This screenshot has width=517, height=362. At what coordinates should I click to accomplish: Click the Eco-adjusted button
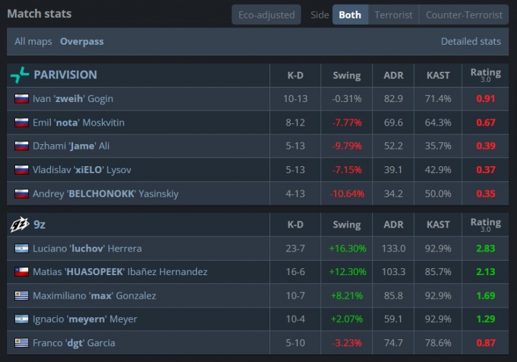pyautogui.click(x=266, y=15)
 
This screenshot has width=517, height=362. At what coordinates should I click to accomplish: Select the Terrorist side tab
pyautogui.click(x=394, y=15)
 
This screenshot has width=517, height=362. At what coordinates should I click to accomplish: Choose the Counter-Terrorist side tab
pyautogui.click(x=464, y=15)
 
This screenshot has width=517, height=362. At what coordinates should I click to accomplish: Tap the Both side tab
pyautogui.click(x=350, y=15)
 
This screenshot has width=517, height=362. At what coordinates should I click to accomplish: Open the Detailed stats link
pyautogui.click(x=471, y=41)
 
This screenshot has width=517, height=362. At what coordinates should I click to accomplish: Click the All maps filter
pyautogui.click(x=33, y=41)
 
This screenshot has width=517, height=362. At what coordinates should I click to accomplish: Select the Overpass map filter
pyautogui.click(x=82, y=41)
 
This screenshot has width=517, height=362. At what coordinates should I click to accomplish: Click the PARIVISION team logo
pyautogui.click(x=20, y=75)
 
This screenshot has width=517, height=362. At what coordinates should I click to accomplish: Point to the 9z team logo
pyautogui.click(x=20, y=225)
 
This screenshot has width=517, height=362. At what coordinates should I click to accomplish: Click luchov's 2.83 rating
pyautogui.click(x=485, y=248)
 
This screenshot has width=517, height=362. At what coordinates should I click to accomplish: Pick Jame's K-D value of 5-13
pyautogui.click(x=295, y=145)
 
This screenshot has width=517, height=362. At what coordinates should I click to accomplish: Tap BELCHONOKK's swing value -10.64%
pyautogui.click(x=347, y=194)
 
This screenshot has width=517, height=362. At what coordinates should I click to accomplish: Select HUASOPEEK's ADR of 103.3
pyautogui.click(x=394, y=272)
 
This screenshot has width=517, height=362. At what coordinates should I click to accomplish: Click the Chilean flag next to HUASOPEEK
pyautogui.click(x=22, y=272)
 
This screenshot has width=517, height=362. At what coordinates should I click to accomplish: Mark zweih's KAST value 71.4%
pyautogui.click(x=438, y=99)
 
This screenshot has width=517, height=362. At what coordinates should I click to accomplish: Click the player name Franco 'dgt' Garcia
pyautogui.click(x=74, y=343)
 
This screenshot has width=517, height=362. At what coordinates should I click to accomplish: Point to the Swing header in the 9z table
pyautogui.click(x=347, y=225)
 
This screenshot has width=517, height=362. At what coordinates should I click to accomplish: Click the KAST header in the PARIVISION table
pyautogui.click(x=438, y=75)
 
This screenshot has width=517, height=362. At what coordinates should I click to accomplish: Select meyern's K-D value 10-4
pyautogui.click(x=295, y=319)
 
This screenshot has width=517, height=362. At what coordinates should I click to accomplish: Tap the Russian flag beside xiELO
pyautogui.click(x=22, y=170)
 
